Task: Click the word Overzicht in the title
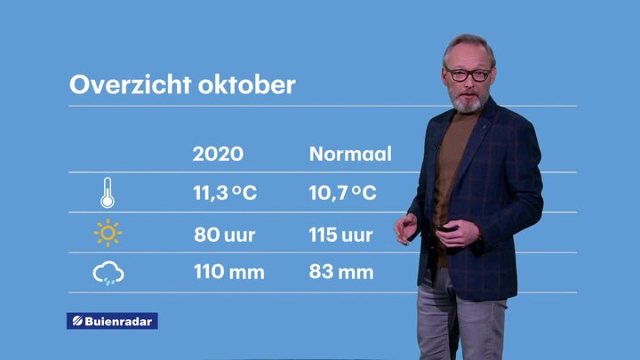[x=130, y=84]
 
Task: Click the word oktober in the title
[x=246, y=84]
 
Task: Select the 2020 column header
[x=218, y=154]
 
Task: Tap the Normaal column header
[x=350, y=154]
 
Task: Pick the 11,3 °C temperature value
[x=225, y=193]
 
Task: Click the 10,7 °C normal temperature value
[x=342, y=193]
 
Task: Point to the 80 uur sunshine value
[x=225, y=235]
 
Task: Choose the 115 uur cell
[x=340, y=235]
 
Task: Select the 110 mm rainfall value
[x=229, y=272]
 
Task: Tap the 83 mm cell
[x=341, y=272]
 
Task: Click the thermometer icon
[x=108, y=193]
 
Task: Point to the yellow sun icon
[x=108, y=233]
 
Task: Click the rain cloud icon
[x=108, y=273]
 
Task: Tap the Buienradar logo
[x=112, y=321]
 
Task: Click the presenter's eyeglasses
[x=468, y=75]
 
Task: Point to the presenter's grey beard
[x=468, y=102]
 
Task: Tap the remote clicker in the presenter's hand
[x=445, y=228]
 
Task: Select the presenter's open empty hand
[x=405, y=228]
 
